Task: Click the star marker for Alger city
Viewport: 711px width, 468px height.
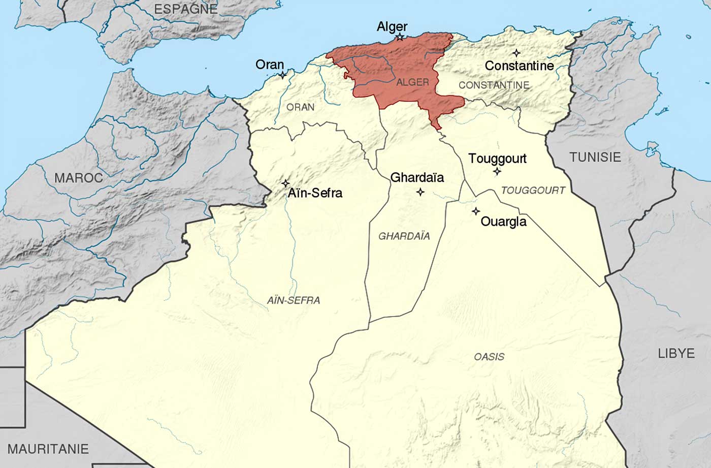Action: (x=400, y=37)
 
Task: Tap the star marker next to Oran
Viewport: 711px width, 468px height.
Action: (x=283, y=75)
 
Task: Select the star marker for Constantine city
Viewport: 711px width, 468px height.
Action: (x=516, y=53)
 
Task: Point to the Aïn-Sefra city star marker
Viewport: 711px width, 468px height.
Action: (x=286, y=183)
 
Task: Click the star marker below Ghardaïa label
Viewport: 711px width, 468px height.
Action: (x=420, y=192)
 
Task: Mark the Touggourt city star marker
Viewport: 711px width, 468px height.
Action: (x=497, y=171)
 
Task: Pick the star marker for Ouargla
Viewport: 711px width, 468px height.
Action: (x=476, y=211)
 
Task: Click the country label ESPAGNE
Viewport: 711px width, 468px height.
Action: (x=185, y=9)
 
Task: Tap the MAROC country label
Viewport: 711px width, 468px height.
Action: (x=78, y=178)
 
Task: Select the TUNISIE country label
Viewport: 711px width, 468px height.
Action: (x=595, y=157)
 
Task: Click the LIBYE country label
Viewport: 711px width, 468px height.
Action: (x=676, y=353)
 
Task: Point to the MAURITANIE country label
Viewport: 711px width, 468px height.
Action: (x=48, y=449)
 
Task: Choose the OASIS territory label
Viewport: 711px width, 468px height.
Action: (x=489, y=357)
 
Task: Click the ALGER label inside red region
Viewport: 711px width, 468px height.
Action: (x=412, y=82)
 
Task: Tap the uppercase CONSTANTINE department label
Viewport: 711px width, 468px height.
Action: (x=494, y=85)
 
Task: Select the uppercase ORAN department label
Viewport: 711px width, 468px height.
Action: (x=300, y=107)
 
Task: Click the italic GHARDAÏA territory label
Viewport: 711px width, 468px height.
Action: (x=404, y=236)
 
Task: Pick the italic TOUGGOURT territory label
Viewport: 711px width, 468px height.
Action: (x=533, y=191)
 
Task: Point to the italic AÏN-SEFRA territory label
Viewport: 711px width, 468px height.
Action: (x=294, y=300)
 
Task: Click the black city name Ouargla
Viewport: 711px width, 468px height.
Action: (x=503, y=222)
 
